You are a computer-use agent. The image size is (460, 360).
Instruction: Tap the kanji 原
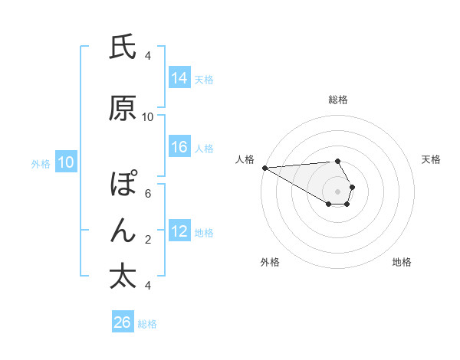pyautogui.click(x=123, y=109)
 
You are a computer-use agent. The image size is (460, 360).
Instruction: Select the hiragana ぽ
pyautogui.click(x=123, y=185)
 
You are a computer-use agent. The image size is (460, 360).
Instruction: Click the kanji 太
pyautogui.click(x=123, y=276)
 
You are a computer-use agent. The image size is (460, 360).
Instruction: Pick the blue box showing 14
pyautogui.click(x=179, y=79)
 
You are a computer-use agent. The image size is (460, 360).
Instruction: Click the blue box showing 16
pyautogui.click(x=179, y=148)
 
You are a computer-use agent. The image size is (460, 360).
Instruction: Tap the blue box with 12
pyautogui.click(x=179, y=232)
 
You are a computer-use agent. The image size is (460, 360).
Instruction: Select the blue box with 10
pyautogui.click(x=66, y=162)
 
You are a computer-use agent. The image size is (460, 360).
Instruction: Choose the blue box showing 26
pyautogui.click(x=122, y=322)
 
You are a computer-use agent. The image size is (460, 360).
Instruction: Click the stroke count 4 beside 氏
pyautogui.click(x=148, y=56)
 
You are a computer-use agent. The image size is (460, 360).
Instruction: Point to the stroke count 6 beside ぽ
pyautogui.click(x=148, y=194)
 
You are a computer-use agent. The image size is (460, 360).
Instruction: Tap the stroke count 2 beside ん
pyautogui.click(x=148, y=240)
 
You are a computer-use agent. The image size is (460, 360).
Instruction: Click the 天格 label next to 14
pyautogui.click(x=204, y=80)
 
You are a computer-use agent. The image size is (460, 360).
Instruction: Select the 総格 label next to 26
pyautogui.click(x=147, y=324)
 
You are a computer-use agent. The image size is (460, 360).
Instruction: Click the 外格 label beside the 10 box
pyautogui.click(x=41, y=163)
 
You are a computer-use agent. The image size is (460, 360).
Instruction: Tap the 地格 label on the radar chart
pyautogui.click(x=402, y=263)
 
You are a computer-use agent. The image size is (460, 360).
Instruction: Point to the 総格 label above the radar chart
pyautogui.click(x=337, y=100)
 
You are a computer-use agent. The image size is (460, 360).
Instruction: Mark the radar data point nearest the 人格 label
pyautogui.click(x=264, y=168)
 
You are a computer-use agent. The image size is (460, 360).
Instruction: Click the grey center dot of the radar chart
pyautogui.click(x=337, y=190)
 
